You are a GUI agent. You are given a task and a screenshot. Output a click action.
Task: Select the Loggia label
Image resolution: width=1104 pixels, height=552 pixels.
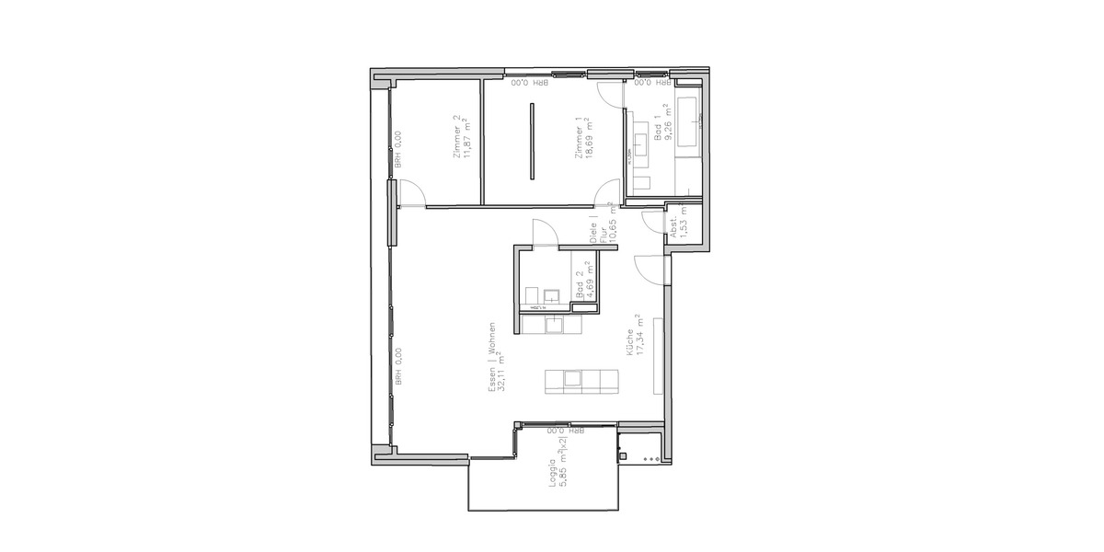click(552, 477)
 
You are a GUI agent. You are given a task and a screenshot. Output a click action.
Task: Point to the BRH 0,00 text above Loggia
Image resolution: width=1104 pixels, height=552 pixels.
click(566, 430)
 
